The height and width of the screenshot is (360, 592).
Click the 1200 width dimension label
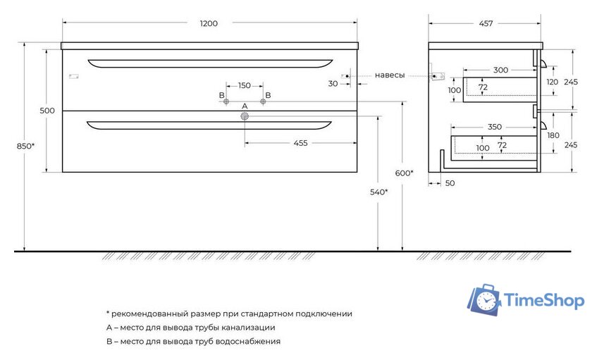click(209, 23)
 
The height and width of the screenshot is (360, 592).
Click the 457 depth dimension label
click(486, 23)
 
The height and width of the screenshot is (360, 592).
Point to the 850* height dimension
click(26, 146)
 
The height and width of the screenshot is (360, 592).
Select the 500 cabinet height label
click(47, 111)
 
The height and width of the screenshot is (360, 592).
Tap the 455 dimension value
click(300, 143)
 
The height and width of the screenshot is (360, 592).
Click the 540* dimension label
click(378, 192)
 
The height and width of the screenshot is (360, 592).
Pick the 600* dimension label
click(404, 173)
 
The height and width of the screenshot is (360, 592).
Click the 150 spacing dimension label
click(244, 86)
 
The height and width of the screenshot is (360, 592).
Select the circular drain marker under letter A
click(245, 117)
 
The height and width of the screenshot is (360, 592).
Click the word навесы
click(390, 75)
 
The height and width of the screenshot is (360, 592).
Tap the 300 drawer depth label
click(501, 70)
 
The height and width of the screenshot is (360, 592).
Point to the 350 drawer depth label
click(495, 127)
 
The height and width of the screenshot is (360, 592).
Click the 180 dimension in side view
click(553, 135)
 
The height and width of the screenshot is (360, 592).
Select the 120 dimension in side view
click(553, 82)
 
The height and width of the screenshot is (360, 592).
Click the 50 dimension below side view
click(450, 183)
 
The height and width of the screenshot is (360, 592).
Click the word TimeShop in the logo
click(544, 302)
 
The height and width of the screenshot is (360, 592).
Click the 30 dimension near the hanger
click(333, 83)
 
